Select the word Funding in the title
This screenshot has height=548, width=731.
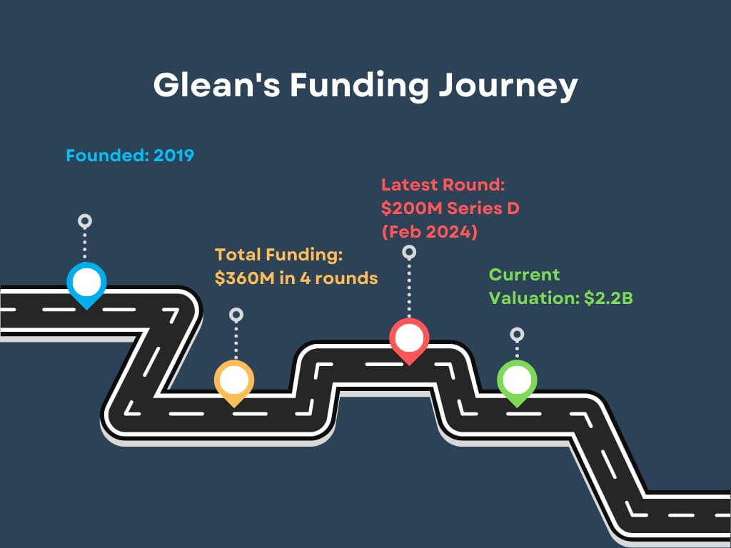pyautogui.click(x=359, y=86)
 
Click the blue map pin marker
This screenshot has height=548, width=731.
pyautogui.click(x=86, y=282)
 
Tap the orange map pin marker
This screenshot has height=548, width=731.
pyautogui.click(x=234, y=380)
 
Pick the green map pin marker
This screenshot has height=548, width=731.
pyautogui.click(x=517, y=380)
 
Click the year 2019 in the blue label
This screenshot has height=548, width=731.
pyautogui.click(x=173, y=155)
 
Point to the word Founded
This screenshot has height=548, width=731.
pyautogui.click(x=106, y=155)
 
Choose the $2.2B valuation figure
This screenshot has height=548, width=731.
pyautogui.click(x=608, y=298)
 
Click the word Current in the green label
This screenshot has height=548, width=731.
pyautogui.click(x=525, y=275)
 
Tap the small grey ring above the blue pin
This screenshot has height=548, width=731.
pyautogui.click(x=85, y=220)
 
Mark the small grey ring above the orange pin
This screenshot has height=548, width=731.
pyautogui.click(x=236, y=314)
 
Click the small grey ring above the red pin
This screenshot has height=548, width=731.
pyautogui.click(x=409, y=251)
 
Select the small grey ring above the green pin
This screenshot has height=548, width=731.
pyautogui.click(x=517, y=334)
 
